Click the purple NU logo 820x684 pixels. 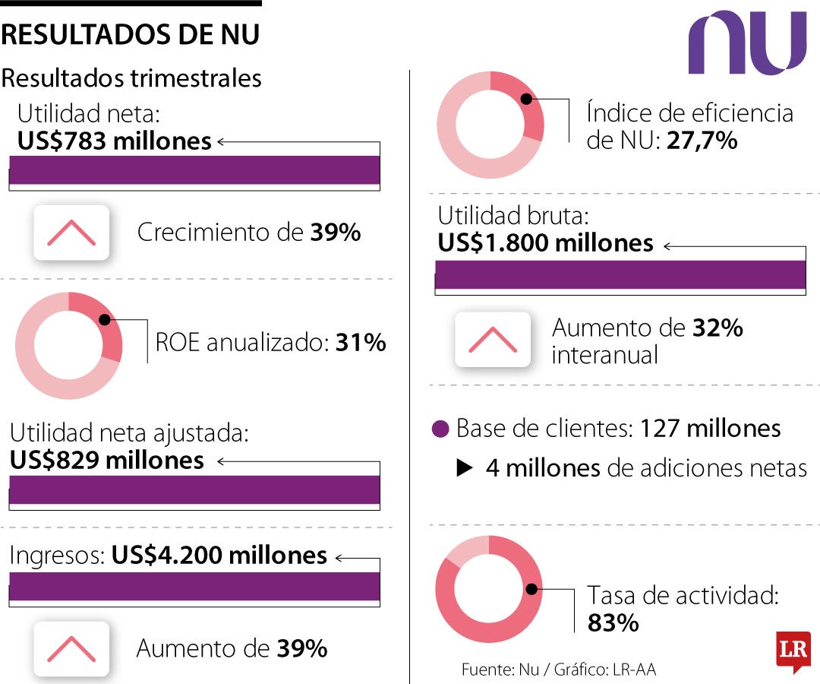(747, 43)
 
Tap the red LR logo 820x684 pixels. (793, 651)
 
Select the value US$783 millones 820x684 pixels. (114, 141)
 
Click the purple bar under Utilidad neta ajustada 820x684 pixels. (194, 490)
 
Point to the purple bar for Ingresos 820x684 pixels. (194, 587)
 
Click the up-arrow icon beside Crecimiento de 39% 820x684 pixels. (71, 233)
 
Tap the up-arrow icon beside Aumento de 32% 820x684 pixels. (493, 339)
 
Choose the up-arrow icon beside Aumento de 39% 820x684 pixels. (71, 648)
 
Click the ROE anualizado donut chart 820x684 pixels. (68, 346)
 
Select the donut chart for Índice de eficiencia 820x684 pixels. (490, 125)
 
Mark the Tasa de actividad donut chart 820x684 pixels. (489, 589)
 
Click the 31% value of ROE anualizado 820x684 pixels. (361, 343)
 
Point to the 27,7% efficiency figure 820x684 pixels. (702, 141)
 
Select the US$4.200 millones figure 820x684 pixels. (219, 556)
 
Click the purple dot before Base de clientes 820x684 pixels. (440, 429)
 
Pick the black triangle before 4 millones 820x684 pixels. (465, 468)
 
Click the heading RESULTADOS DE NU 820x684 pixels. (131, 35)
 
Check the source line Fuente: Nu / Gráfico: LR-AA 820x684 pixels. (558, 670)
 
